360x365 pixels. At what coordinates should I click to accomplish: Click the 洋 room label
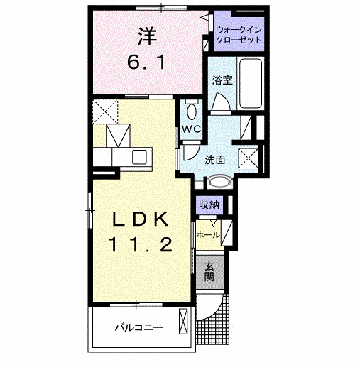pyautogui.click(x=147, y=36)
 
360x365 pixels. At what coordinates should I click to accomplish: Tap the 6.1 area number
pyautogui.click(x=146, y=62)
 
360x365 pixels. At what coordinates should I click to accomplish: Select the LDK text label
pyautogui.click(x=141, y=219)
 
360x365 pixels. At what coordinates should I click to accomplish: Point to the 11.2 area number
pyautogui.click(x=140, y=245)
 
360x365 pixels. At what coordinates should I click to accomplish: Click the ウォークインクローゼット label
pyautogui.click(x=239, y=35)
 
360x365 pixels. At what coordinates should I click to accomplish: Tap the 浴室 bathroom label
pyautogui.click(x=222, y=80)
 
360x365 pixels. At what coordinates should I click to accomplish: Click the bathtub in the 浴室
pyautogui.click(x=251, y=84)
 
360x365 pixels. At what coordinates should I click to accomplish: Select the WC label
pyautogui.click(x=191, y=129)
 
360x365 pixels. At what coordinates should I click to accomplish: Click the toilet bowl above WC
pyautogui.click(x=192, y=111)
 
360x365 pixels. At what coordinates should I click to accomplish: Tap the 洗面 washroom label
pyautogui.click(x=215, y=160)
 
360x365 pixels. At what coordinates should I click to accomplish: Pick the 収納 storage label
pyautogui.click(x=209, y=205)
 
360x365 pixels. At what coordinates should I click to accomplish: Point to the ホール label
pyautogui.click(x=208, y=235)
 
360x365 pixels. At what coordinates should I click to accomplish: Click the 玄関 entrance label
pyautogui.click(x=209, y=272)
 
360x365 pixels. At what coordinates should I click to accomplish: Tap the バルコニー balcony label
pyautogui.click(x=139, y=328)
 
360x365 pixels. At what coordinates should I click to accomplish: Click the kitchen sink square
pyautogui.click(x=139, y=157)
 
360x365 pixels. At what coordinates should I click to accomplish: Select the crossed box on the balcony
pyautogui.click(x=183, y=321)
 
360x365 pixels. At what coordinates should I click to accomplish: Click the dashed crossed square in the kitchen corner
pyautogui.click(x=105, y=111)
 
